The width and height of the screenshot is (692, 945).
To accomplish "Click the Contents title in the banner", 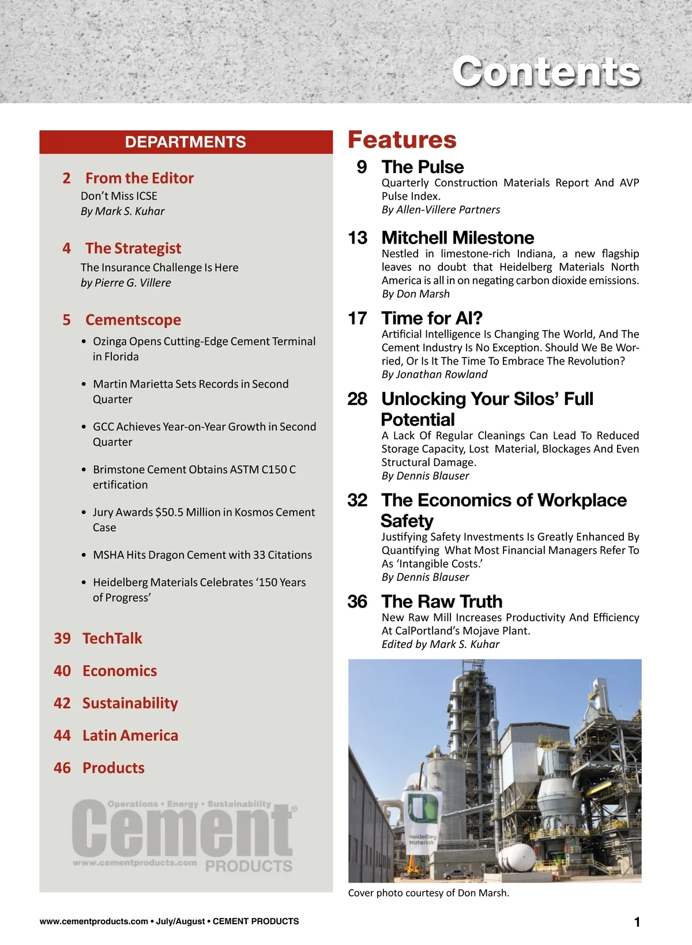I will [x=546, y=72].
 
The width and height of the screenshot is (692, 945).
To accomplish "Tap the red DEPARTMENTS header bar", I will [x=186, y=142].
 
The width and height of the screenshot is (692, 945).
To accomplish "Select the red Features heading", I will [x=402, y=140].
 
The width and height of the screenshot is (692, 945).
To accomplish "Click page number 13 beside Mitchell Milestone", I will [x=358, y=238].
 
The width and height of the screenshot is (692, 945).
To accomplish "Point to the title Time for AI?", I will [x=432, y=318].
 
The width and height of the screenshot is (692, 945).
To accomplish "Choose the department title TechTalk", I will [x=112, y=638].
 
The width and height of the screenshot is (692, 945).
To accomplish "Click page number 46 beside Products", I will [x=62, y=768].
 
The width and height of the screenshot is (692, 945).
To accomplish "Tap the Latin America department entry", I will [x=130, y=736].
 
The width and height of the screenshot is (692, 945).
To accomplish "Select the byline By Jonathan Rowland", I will [x=434, y=374].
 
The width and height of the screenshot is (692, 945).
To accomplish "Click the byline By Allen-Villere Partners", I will [x=441, y=209].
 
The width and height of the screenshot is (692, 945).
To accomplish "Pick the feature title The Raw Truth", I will [x=442, y=601].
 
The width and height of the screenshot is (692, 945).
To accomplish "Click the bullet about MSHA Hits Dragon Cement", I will [x=202, y=555].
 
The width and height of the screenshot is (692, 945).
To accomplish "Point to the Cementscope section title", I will [x=133, y=320].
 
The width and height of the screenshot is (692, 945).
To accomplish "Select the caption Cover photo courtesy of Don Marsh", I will [x=428, y=893].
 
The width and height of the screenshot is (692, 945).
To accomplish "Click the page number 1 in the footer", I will [x=637, y=922].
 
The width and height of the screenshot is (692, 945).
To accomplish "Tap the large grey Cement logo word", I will [x=183, y=829].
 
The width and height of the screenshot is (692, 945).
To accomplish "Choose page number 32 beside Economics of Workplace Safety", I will [x=358, y=500].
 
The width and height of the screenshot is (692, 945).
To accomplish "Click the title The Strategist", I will [x=133, y=248].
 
